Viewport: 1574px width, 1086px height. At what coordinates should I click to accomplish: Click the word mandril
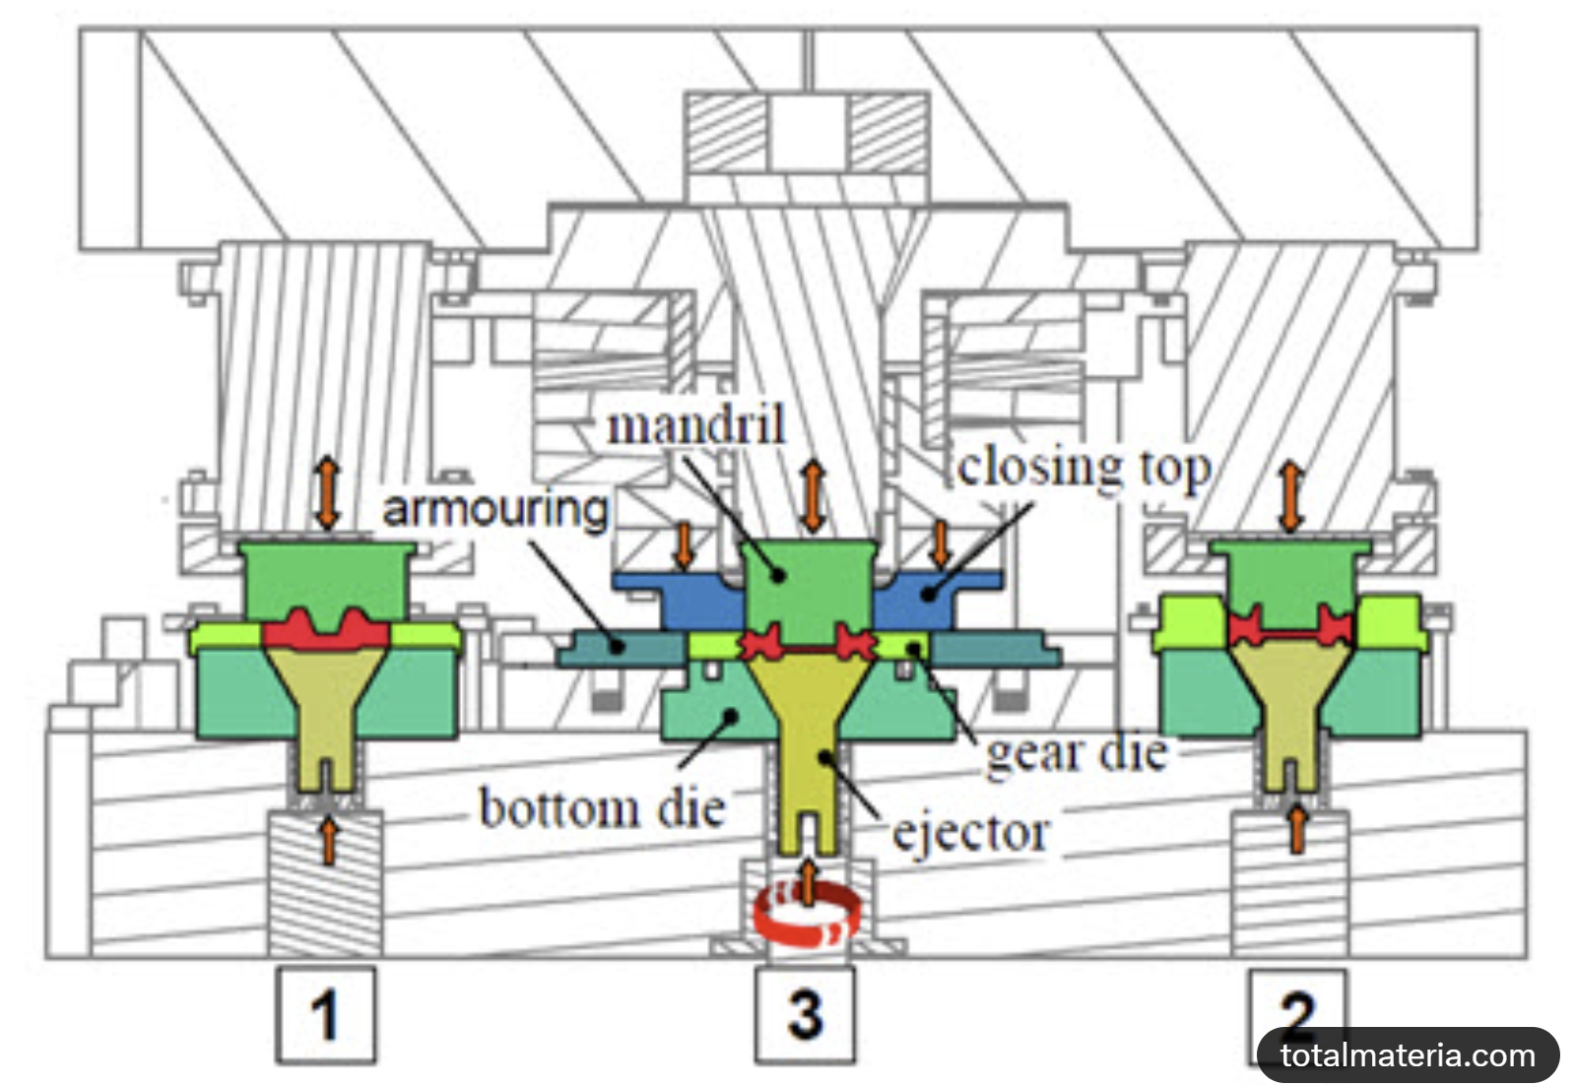[695, 425]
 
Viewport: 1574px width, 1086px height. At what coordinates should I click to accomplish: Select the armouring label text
[495, 509]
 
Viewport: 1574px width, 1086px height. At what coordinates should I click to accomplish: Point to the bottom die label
[602, 808]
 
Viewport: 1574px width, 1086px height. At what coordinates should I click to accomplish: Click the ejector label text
[970, 833]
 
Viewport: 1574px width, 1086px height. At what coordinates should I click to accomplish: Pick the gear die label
[1077, 754]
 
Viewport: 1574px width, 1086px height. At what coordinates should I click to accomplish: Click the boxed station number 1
[325, 1015]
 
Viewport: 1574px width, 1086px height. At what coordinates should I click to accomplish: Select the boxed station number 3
[805, 1015]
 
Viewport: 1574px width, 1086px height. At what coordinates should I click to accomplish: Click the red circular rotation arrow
[807, 916]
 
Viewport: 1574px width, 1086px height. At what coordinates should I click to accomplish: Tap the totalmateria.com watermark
[1408, 1055]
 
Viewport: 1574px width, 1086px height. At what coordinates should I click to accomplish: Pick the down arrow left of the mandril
[684, 544]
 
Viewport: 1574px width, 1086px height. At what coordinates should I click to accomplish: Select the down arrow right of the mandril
[941, 544]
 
